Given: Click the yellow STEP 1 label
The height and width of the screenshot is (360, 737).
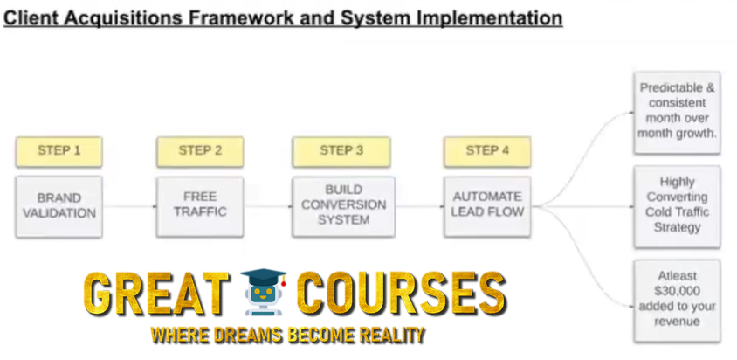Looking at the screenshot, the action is (x=59, y=151).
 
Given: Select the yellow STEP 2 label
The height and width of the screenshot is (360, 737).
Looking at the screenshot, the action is (x=200, y=151).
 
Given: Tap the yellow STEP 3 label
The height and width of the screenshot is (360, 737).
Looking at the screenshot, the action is (x=341, y=151).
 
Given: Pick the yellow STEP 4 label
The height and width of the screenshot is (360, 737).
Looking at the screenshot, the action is (x=487, y=151).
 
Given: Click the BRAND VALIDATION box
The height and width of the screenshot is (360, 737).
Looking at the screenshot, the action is (x=59, y=206).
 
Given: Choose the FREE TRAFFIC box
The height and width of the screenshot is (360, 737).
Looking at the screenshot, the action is (x=200, y=206).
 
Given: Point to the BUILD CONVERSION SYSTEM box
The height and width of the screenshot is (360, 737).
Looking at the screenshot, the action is (x=343, y=206).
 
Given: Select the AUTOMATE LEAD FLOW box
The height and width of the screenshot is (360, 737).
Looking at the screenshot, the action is (x=487, y=206).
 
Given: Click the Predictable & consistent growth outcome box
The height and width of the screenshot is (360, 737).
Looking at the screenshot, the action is (x=677, y=113).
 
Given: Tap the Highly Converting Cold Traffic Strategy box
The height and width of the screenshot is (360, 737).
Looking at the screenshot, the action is (x=677, y=206).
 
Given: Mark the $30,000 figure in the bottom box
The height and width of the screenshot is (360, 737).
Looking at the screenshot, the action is (x=677, y=291).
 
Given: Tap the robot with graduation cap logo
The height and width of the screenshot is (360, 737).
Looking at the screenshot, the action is (x=263, y=292).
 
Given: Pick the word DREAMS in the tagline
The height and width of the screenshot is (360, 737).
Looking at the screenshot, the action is (x=251, y=335).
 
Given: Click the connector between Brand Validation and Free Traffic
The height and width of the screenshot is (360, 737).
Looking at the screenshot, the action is (x=129, y=206).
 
